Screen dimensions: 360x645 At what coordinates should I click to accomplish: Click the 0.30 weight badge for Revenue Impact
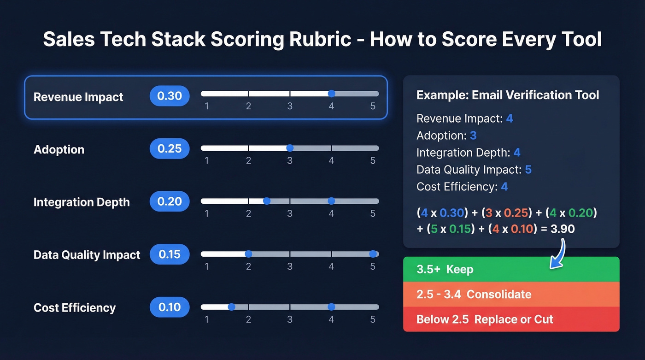click(x=170, y=96)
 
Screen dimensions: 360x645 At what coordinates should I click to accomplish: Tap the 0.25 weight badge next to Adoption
click(x=170, y=149)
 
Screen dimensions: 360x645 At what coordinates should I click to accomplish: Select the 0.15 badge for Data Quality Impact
click(x=170, y=254)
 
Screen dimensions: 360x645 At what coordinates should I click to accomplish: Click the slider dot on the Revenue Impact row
click(x=331, y=94)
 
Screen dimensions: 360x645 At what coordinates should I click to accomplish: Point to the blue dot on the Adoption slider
click(x=290, y=148)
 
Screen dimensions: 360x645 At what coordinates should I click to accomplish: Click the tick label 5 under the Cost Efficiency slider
click(x=373, y=319)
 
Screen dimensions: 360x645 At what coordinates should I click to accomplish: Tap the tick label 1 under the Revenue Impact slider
click(x=206, y=106)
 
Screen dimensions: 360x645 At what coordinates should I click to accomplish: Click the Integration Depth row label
click(x=82, y=202)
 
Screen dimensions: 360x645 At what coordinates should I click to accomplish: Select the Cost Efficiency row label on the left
click(x=75, y=308)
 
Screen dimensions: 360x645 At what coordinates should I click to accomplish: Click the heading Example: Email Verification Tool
click(x=507, y=95)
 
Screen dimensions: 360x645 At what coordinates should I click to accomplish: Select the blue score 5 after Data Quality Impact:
click(x=528, y=170)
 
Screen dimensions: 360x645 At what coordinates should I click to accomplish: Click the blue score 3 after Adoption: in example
click(x=473, y=136)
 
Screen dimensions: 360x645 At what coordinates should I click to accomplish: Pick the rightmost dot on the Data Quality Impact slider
click(x=373, y=254)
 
